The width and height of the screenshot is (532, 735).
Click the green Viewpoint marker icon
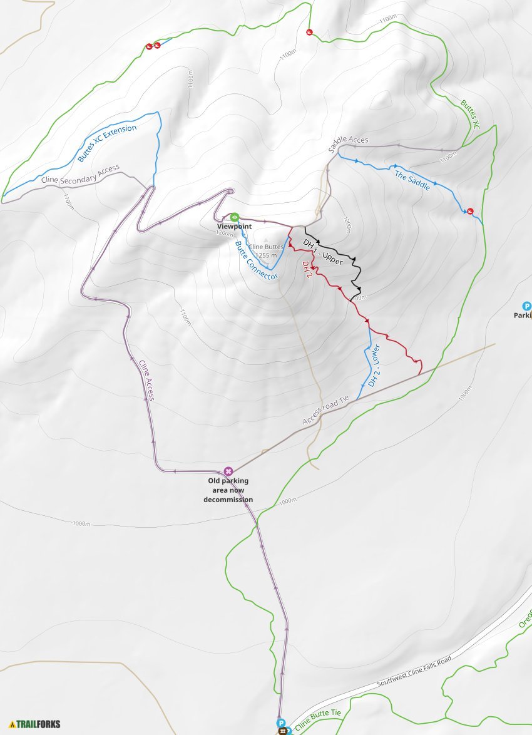click(233, 217)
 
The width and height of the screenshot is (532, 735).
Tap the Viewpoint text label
click(234, 226)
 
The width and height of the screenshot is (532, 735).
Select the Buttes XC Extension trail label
click(107, 143)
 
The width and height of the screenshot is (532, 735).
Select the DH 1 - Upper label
click(323, 251)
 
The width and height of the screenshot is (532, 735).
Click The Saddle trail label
click(412, 180)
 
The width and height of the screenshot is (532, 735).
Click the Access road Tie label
click(328, 411)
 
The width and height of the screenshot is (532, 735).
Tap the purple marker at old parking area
click(228, 471)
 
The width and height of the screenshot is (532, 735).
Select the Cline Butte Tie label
click(319, 721)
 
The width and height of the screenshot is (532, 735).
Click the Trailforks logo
click(35, 724)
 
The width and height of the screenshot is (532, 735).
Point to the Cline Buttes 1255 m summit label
click(266, 250)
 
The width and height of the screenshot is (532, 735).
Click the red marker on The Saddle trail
click(470, 210)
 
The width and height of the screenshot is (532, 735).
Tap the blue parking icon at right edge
click(527, 306)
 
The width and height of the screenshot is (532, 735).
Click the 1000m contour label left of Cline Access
click(82, 523)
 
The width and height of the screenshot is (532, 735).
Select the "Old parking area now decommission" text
click(228, 490)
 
